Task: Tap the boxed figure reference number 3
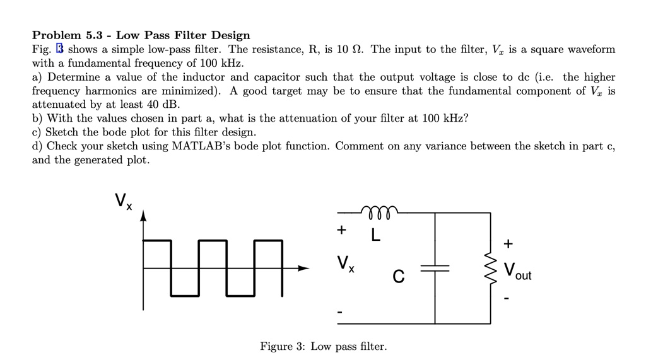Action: coord(61,49)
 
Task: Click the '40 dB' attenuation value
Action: coord(163,105)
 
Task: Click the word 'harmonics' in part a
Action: coord(107,91)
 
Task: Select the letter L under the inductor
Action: coord(376,236)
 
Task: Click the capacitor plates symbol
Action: coord(435,268)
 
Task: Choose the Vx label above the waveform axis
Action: coord(124,201)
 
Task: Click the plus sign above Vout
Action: coord(508,243)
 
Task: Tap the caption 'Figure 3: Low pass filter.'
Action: coord(324,347)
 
